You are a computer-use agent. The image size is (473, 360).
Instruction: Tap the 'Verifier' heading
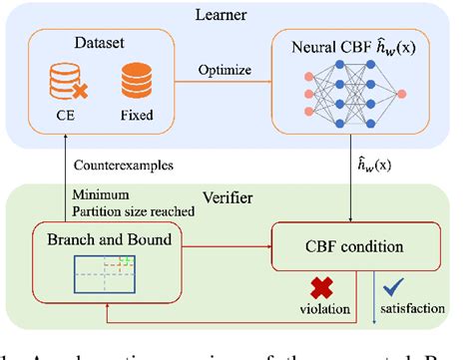click(x=235, y=194)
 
